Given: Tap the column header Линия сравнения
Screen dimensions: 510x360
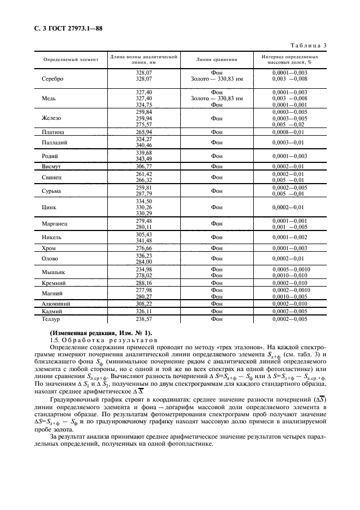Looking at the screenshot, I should pos(216,59).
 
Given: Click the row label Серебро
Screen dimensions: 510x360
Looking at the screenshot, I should pos(52,78).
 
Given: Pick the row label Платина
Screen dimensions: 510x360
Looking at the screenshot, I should pos(53,132).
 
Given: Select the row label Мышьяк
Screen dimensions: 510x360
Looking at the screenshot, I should pos(53,272).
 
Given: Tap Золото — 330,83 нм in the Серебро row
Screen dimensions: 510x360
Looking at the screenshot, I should pos(216,78).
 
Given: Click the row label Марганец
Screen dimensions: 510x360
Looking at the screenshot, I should pos(54,223).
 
